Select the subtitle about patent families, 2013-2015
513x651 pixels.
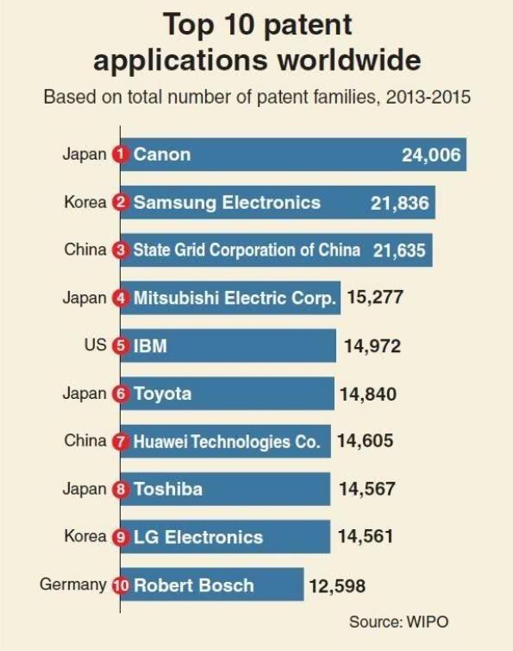(257, 96)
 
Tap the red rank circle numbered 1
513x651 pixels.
(121, 155)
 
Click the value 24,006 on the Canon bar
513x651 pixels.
(432, 155)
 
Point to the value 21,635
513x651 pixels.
(400, 250)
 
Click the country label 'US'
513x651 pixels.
(96, 345)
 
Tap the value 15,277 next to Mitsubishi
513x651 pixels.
(375, 298)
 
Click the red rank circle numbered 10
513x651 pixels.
(121, 585)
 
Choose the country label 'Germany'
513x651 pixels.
(72, 585)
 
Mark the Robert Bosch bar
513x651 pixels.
(212, 585)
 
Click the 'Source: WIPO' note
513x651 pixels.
(398, 622)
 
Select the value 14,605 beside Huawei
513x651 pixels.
(365, 441)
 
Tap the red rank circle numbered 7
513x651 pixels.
(121, 441)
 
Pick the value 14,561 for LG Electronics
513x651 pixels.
(366, 536)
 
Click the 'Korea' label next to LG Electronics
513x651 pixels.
(84, 536)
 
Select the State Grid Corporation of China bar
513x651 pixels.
(276, 250)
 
